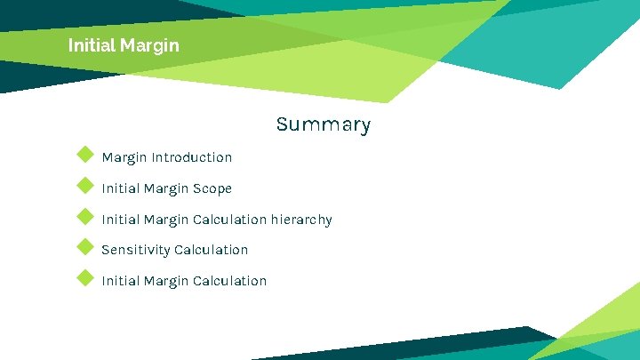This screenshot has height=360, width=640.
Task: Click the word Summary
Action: click(x=323, y=124)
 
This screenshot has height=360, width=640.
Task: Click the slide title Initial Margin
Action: click(x=124, y=44)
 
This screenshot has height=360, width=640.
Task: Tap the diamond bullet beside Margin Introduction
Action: click(x=85, y=155)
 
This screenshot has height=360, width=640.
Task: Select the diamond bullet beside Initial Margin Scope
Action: click(x=85, y=186)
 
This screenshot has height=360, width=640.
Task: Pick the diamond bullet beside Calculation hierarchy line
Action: click(x=85, y=216)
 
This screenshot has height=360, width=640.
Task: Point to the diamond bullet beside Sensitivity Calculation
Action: click(x=85, y=246)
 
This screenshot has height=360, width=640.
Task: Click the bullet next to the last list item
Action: click(x=85, y=277)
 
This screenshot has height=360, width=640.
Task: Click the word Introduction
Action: click(x=192, y=157)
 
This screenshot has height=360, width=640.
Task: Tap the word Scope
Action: click(x=212, y=188)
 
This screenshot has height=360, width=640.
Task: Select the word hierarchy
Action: click(x=301, y=220)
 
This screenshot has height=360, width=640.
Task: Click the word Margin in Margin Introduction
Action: click(x=124, y=157)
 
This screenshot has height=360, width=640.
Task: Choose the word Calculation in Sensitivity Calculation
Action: click(x=212, y=250)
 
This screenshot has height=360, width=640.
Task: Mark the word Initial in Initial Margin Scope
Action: click(x=118, y=188)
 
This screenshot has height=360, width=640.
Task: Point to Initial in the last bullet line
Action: click(x=118, y=281)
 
